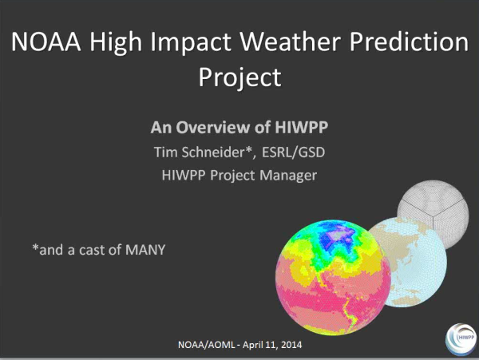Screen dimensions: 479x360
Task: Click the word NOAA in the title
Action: [x=46, y=42]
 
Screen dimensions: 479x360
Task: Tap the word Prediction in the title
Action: [x=409, y=42]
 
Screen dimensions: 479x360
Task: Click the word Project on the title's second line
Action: [x=239, y=78]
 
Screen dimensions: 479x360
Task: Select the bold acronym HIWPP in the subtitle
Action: [x=302, y=128]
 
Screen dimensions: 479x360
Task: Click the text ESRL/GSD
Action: [x=293, y=152]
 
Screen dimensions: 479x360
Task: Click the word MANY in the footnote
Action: [x=145, y=250]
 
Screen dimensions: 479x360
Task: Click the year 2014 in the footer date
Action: [x=291, y=345]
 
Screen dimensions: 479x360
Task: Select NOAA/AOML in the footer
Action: [x=206, y=345]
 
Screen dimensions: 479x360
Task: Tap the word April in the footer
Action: [x=252, y=345]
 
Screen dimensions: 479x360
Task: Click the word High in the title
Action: [x=116, y=43]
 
